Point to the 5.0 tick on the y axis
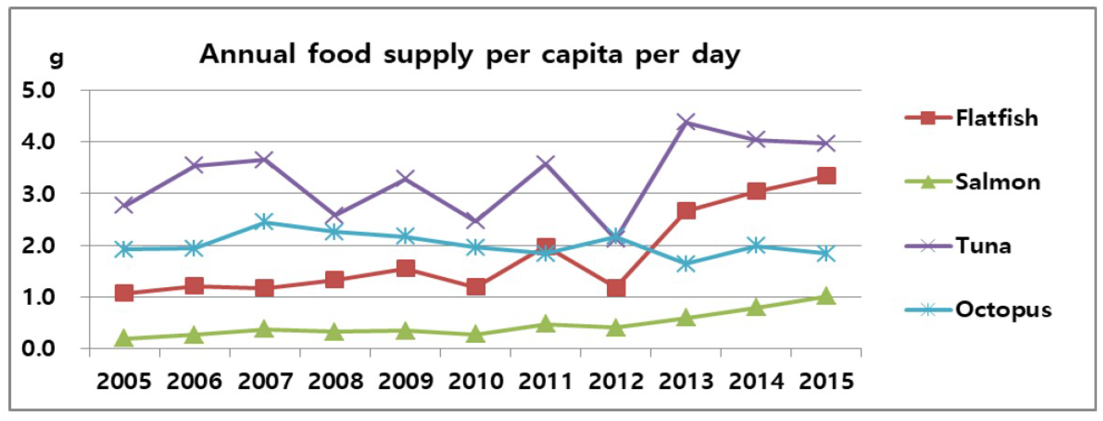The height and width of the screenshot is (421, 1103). coord(39,91)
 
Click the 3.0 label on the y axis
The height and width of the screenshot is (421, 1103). coord(39,194)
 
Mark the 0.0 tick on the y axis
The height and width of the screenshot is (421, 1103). coord(39,349)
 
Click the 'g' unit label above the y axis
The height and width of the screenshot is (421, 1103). coord(57,59)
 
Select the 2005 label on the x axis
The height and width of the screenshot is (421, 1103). coord(124,381)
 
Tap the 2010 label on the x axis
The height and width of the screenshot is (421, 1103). coord(475,381)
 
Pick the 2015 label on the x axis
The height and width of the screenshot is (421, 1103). coord(826,381)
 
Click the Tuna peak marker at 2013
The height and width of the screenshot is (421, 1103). coord(686,123)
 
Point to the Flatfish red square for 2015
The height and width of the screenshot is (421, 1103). coord(826,176)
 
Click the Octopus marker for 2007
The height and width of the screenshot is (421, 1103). coord(264,222)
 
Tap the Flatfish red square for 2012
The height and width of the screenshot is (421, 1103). coord(616,288)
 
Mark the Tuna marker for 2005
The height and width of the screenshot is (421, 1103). coord(124,205)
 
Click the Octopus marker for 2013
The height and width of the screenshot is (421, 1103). coord(686,264)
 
